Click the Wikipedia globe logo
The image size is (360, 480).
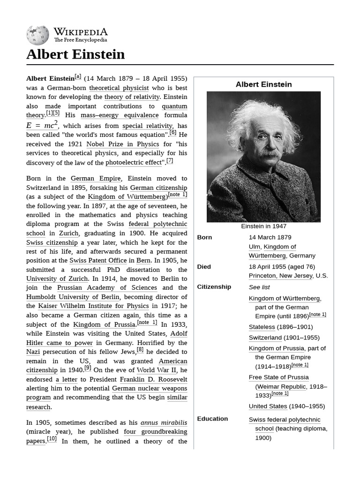coord(37,36)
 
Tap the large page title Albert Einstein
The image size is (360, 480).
coord(75,54)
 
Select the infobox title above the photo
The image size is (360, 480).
coord(263,84)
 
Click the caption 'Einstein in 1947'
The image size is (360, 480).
coord(263,226)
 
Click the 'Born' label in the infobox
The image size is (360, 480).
coord(204,237)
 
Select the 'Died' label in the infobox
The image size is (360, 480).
coord(204,267)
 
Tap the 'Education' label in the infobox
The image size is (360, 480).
coord(212,419)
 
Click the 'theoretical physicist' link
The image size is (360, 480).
coord(119,88)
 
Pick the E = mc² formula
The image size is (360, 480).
coord(42,125)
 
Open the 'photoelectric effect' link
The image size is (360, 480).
coord(134,163)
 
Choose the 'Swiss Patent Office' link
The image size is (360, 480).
coord(98,260)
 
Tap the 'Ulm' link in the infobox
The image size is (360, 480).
coord(254,247)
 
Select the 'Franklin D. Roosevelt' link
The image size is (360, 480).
coord(153,379)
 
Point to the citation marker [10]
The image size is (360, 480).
coord(52,439)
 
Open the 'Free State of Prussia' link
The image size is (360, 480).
coord(278,377)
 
